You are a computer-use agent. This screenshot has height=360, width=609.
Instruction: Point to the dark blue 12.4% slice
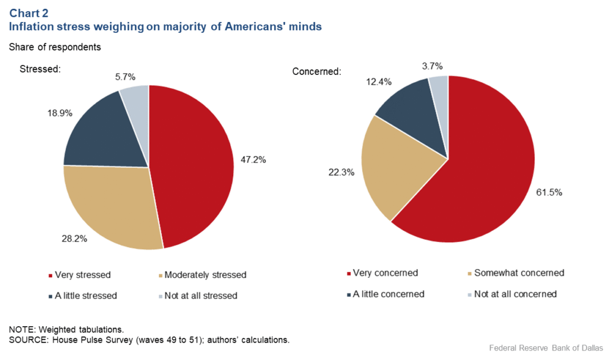[413, 113]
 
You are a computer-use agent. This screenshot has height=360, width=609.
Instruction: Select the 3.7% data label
[432, 66]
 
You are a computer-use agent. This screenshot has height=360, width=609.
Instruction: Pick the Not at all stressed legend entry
[202, 295]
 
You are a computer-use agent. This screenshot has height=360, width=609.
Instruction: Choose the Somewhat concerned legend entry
[516, 273]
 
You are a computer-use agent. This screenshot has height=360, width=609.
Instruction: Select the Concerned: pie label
[316, 71]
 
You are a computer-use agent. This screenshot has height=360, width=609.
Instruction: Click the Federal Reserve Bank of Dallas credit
[545, 348]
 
